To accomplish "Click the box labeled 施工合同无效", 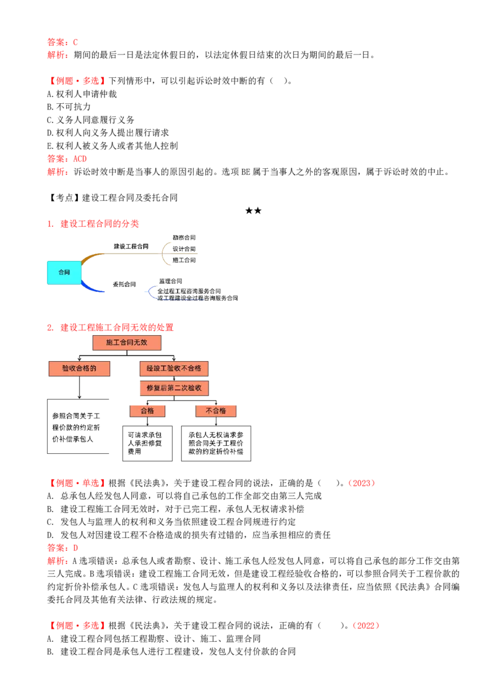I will coord(127,342).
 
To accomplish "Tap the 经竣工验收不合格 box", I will coord(174,369).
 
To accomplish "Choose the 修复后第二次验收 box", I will coord(174,388).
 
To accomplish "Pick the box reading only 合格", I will coord(147,411).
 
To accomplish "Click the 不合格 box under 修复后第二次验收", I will coord(215,411).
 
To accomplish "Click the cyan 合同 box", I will coord(64,272).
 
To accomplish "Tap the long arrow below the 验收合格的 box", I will coord(79,388).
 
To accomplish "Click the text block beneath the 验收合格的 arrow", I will coord(76,427).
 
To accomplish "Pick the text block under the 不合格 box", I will coord(217,442).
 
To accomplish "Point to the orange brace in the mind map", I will coord(163,250).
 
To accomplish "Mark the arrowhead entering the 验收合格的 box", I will coord(77,359).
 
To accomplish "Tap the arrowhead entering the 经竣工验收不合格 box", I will coord(174,359).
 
